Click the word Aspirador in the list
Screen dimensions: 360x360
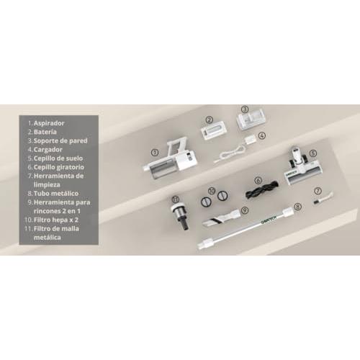click(x=49, y=123)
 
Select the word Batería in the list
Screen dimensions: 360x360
click(x=45, y=132)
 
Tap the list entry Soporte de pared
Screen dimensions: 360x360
click(x=60, y=140)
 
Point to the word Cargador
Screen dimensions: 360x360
click(x=48, y=150)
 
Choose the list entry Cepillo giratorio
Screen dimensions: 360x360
click(x=59, y=167)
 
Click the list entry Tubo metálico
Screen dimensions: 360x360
click(x=56, y=194)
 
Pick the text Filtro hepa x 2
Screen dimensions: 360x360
click(x=56, y=220)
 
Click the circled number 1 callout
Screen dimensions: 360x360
click(x=155, y=152)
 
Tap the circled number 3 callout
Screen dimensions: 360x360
click(x=244, y=109)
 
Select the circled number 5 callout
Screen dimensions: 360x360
click(x=313, y=153)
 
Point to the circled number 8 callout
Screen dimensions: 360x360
click(x=297, y=207)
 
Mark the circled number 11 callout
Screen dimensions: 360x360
click(x=176, y=199)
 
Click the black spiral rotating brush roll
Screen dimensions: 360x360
click(x=262, y=190)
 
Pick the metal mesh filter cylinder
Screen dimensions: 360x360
click(x=180, y=217)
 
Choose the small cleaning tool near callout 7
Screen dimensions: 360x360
click(x=323, y=198)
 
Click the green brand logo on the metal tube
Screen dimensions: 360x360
click(x=269, y=219)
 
